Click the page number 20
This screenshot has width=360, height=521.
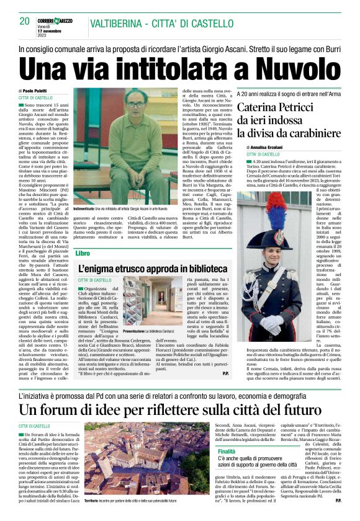tap(24, 21)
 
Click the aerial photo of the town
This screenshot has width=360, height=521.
tap(128, 460)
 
